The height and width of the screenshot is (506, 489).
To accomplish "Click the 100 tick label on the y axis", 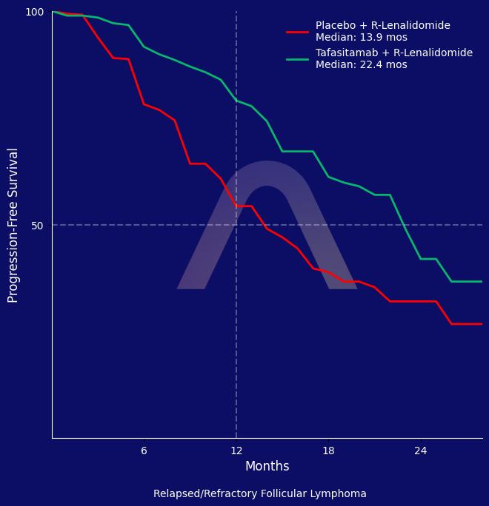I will click(35, 12).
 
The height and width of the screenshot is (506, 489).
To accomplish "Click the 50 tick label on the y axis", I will click(38, 225).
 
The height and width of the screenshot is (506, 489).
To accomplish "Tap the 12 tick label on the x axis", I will click(236, 451).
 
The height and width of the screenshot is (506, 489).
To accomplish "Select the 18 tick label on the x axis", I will click(328, 451).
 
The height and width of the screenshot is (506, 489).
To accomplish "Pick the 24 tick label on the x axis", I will click(421, 451).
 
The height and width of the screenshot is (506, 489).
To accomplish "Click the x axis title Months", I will click(267, 466).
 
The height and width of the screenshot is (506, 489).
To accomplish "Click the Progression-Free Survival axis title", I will click(13, 225).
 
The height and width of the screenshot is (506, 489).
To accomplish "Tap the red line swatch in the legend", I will click(297, 32).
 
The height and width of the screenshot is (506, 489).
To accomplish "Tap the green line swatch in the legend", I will click(297, 59).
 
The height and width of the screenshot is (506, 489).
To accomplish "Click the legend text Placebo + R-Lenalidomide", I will click(382, 26).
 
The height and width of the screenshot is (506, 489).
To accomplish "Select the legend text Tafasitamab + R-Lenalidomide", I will click(393, 53).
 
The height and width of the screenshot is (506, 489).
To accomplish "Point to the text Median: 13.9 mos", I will click(361, 38).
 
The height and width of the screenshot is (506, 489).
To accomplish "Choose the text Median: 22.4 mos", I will click(361, 65).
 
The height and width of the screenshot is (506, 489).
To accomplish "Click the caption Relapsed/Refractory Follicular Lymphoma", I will click(259, 493).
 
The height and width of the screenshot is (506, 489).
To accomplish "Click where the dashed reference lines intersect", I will click(236, 225).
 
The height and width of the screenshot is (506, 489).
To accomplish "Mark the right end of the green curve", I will click(482, 281).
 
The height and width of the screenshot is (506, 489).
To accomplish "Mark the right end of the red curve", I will click(482, 324).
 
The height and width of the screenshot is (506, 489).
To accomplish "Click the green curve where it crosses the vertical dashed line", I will click(236, 101).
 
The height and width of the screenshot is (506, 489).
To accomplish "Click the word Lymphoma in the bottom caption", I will click(340, 493).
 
